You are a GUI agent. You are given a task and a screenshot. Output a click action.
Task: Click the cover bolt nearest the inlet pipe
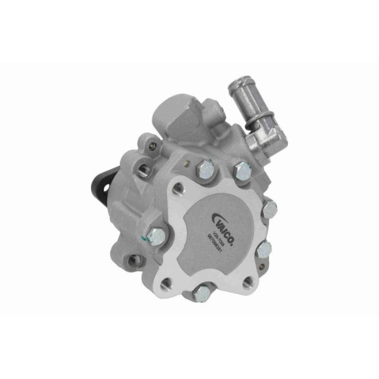pos(243,173)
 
